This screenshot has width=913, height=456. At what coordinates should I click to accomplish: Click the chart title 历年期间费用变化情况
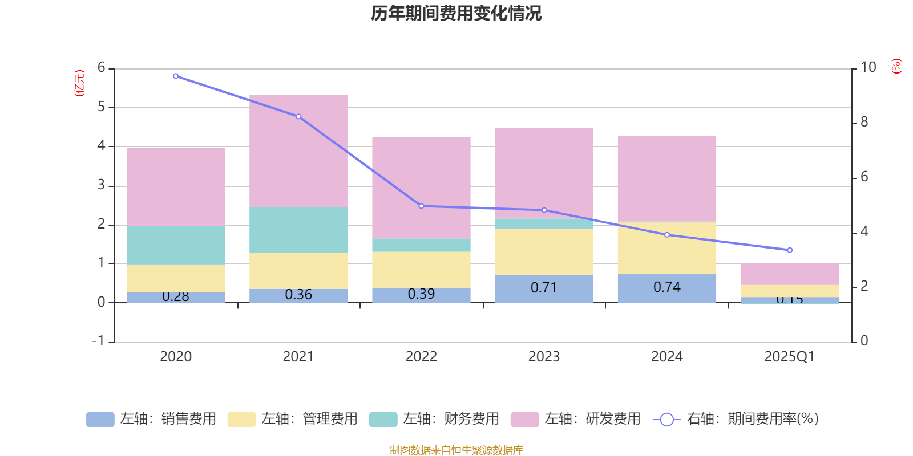pyautogui.click(x=456, y=13)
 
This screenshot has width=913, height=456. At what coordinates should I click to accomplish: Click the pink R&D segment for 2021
pyautogui.click(x=298, y=151)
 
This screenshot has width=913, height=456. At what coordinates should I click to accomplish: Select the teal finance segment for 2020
pyautogui.click(x=176, y=246)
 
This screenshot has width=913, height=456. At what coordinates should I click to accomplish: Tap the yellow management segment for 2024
pyautogui.click(x=666, y=248)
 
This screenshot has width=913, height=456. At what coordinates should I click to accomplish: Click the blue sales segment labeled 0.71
pyautogui.click(x=544, y=289)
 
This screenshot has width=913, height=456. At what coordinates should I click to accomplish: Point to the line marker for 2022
pyautogui.click(x=421, y=206)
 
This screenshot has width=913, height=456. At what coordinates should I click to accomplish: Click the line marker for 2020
pyautogui.click(x=176, y=76)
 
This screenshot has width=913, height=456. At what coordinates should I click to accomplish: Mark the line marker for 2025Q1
pyautogui.click(x=790, y=250)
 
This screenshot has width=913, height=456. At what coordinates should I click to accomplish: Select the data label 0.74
pyautogui.click(x=666, y=287)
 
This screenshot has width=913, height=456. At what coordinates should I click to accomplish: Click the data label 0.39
pyautogui.click(x=421, y=294)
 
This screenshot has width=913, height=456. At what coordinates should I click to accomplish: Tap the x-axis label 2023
pyautogui.click(x=544, y=357)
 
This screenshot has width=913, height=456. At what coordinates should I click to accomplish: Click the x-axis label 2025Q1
pyautogui.click(x=789, y=357)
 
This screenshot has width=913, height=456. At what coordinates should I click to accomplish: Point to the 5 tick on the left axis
pyautogui.click(x=102, y=107)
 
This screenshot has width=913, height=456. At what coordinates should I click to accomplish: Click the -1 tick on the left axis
pyautogui.click(x=99, y=341)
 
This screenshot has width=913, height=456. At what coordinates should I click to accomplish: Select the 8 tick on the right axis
pyautogui.click(x=864, y=122)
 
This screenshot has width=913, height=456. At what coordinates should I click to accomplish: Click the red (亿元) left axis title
pyautogui.click(x=79, y=83)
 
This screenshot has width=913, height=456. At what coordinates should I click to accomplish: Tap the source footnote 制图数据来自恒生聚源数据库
pyautogui.click(x=456, y=450)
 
